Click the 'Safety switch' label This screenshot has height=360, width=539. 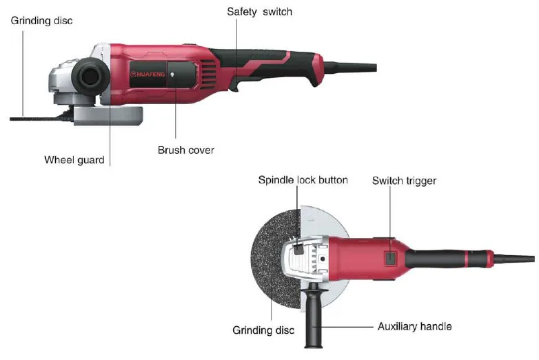point(260,12)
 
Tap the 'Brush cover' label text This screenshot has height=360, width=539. point(185,150)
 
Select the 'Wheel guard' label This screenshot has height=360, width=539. point(74,160)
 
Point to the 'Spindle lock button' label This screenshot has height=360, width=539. point(303,180)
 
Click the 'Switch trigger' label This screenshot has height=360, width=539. point(404,181)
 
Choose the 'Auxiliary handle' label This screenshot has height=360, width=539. point(414,326)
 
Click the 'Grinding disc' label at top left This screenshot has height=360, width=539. point(41,21)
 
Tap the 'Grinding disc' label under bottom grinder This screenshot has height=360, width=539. point(263,330)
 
